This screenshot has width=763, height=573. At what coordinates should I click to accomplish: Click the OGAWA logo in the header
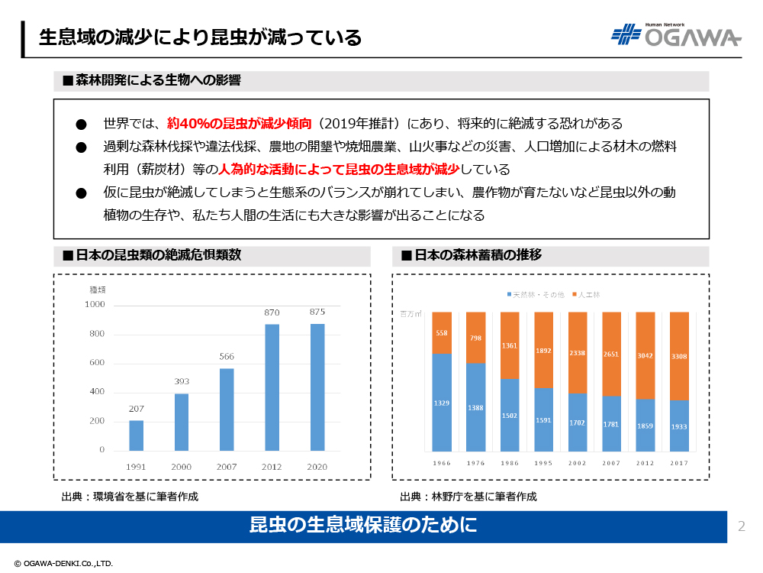[x=675, y=35]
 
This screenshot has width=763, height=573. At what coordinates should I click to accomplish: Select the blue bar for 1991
[x=136, y=435]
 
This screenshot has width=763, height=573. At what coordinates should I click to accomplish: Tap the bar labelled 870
[x=272, y=387]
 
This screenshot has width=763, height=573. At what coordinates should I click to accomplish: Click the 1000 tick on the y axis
[x=95, y=305]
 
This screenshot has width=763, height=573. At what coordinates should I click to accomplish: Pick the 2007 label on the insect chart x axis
[x=227, y=466]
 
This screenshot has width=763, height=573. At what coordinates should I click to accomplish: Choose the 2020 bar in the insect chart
[x=317, y=387]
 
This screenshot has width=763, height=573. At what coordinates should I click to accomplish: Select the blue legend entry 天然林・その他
[x=535, y=294]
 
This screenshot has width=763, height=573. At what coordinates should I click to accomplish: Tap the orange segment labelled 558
[x=442, y=333]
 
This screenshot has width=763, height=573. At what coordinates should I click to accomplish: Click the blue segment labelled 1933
[x=678, y=426]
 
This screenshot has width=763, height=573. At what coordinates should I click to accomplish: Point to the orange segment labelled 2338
[x=578, y=353]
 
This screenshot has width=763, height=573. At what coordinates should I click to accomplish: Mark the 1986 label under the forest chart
[x=510, y=463]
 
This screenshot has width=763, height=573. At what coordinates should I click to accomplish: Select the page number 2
[x=742, y=526]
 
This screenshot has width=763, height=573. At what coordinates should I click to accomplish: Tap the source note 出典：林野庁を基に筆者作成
[x=468, y=497]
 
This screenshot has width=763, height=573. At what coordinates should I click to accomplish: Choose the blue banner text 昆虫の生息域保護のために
[x=363, y=526]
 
